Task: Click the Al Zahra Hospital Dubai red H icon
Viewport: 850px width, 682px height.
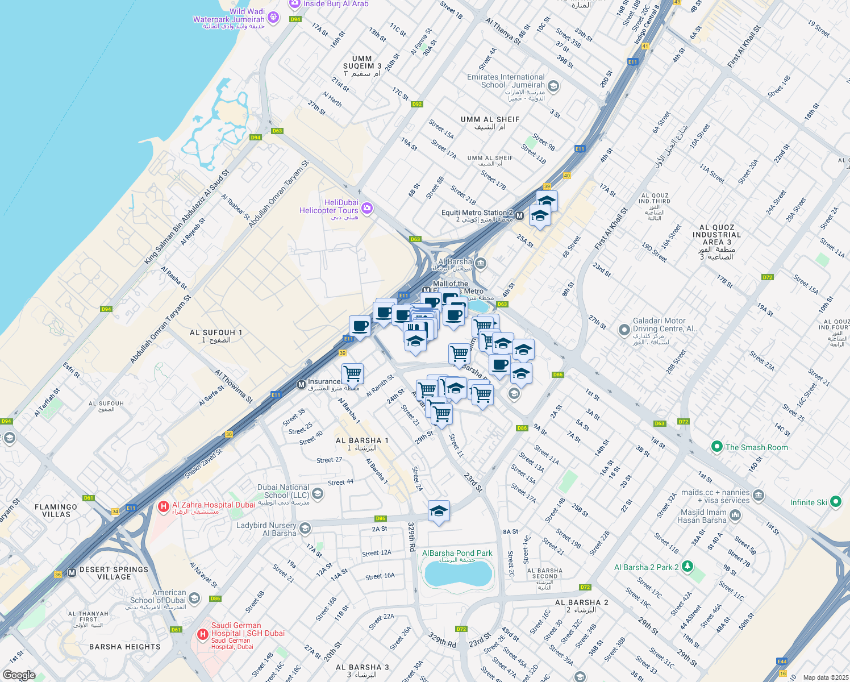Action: pos(164,506)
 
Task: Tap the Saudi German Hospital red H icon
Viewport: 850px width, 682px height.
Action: pos(202,634)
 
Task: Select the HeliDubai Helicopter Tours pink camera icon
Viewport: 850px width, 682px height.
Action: pos(367,208)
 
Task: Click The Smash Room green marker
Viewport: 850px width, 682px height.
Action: pos(717,447)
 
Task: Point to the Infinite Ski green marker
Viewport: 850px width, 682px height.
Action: pos(835,502)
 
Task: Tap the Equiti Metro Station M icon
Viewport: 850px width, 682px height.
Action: pos(519,215)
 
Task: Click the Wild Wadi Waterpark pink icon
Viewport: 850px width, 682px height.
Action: pos(273,17)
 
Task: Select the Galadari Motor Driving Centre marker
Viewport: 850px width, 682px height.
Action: pos(624,329)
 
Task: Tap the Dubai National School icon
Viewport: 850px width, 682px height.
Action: pos(318,493)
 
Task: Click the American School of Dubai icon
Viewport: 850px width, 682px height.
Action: pos(194,598)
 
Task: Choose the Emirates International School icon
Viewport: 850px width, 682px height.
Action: pos(553,86)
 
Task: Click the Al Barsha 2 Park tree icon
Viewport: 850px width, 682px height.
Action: pos(688,567)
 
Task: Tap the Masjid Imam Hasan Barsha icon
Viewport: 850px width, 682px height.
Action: pos(735,515)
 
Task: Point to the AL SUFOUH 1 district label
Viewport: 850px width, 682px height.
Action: pos(216,336)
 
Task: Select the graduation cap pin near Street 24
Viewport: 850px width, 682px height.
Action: pos(439,511)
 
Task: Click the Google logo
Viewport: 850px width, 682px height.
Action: pos(19,675)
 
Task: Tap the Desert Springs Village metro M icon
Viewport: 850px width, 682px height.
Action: pos(72,572)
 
